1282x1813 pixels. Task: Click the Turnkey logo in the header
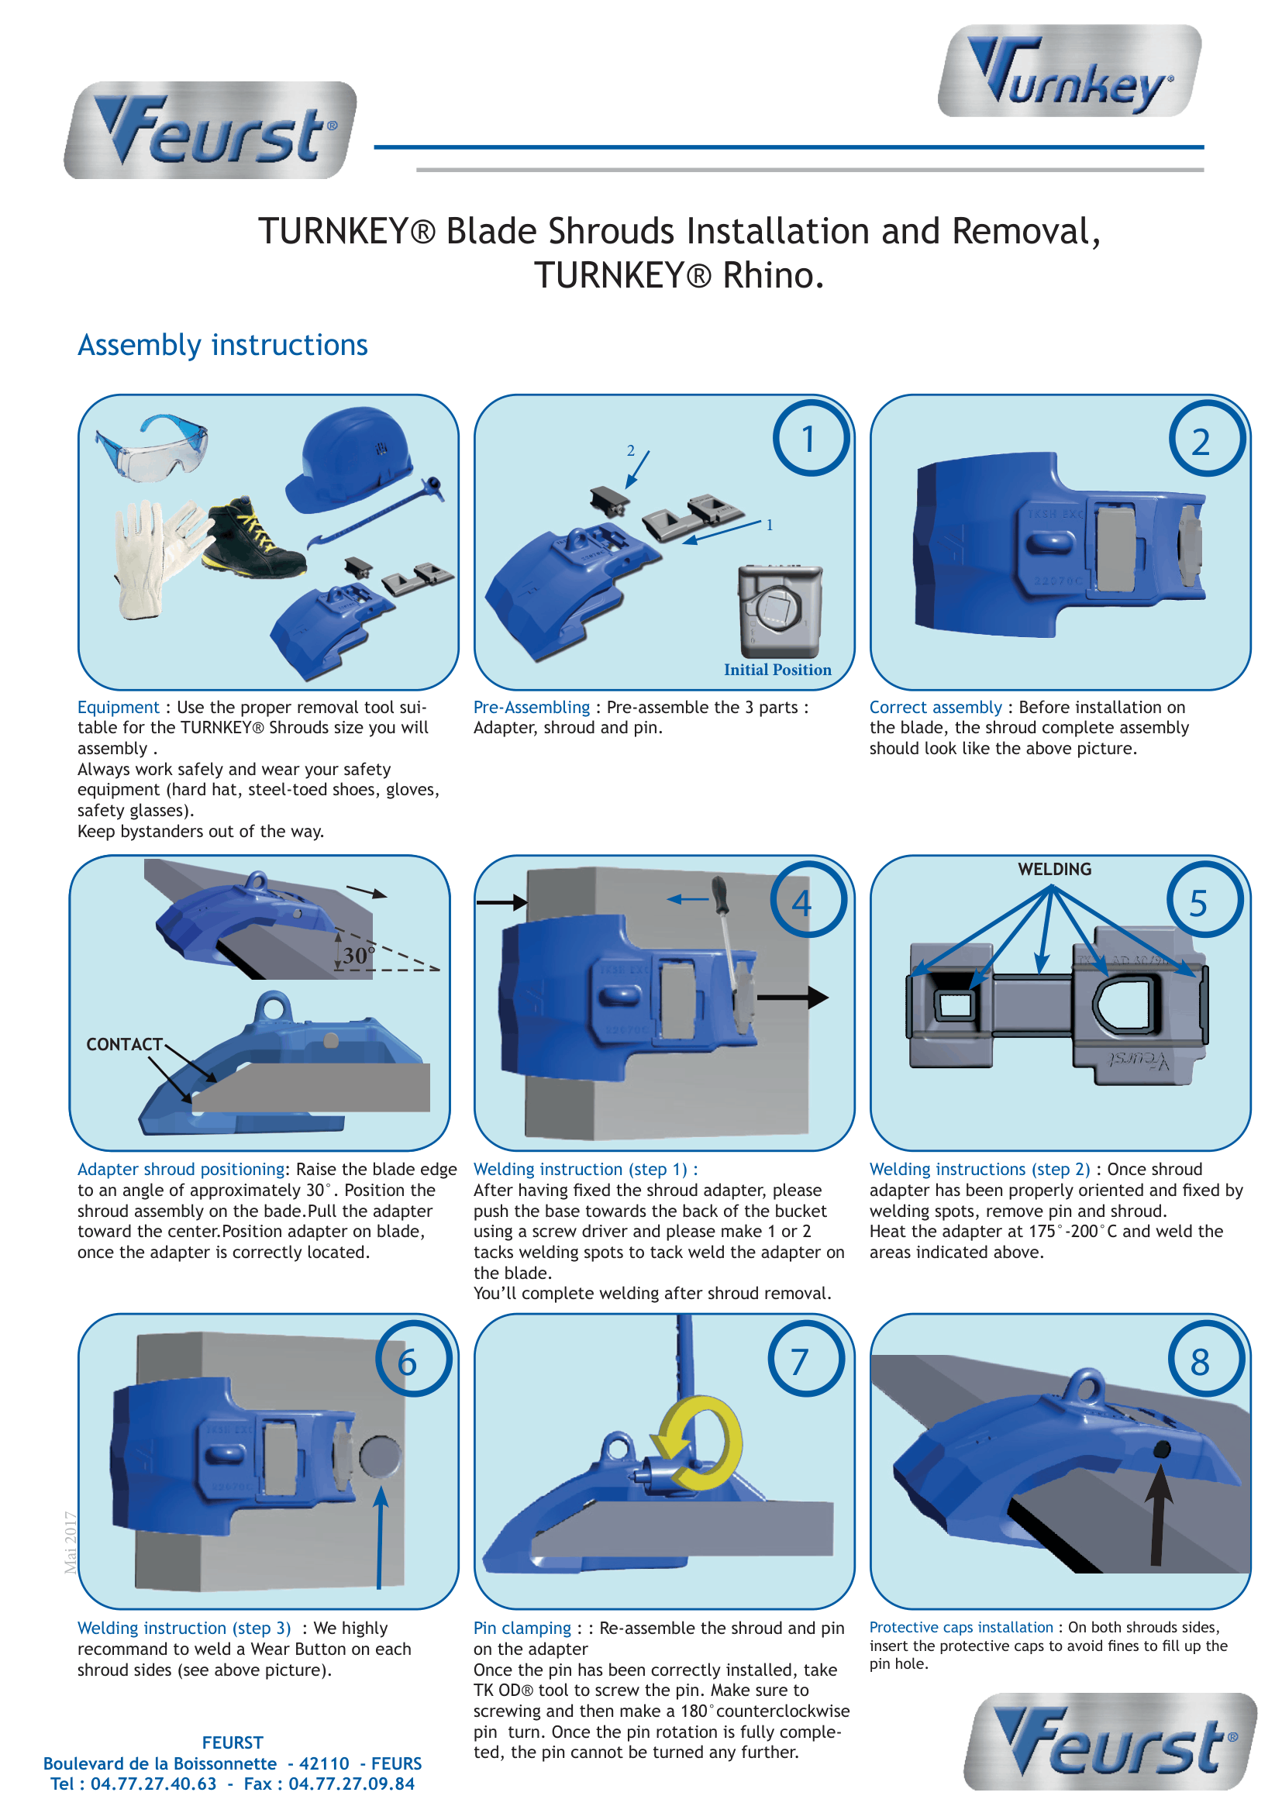[x=1070, y=71]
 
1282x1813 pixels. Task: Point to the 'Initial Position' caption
[x=777, y=670]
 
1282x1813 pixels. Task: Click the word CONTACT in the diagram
[x=124, y=1045]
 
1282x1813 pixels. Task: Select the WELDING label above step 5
[x=1055, y=870]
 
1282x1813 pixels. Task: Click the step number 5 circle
[x=1204, y=901]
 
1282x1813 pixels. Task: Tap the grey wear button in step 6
[x=381, y=1456]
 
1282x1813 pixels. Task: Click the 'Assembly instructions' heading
[x=222, y=345]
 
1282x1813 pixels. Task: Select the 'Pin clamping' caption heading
[x=522, y=1629]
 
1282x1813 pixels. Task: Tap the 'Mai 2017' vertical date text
[x=71, y=1542]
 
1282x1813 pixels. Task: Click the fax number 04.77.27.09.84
[x=351, y=1783]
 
